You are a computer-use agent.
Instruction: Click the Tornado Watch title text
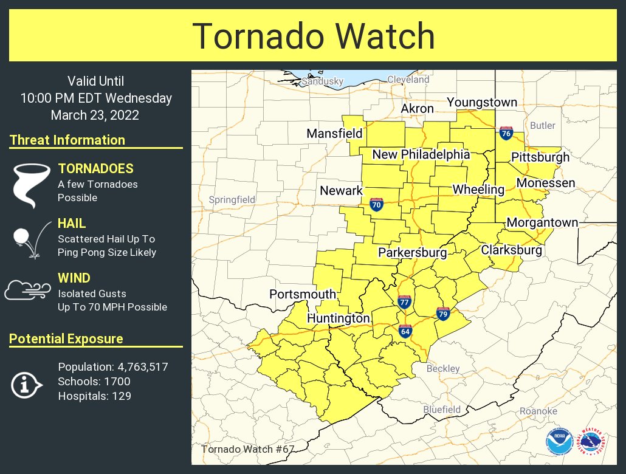313,36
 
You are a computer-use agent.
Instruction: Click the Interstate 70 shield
376,205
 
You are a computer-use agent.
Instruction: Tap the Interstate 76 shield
505,133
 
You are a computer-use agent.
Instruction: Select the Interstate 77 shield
404,301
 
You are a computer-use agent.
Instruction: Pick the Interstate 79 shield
443,314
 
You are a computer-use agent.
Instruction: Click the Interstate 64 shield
405,331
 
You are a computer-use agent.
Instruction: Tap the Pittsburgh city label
540,157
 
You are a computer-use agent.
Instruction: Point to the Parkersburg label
412,252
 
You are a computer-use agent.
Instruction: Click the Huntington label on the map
338,318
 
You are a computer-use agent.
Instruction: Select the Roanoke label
538,411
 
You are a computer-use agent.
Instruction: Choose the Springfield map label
232,199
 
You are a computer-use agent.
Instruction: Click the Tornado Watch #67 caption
247,449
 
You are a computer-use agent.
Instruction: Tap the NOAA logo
559,441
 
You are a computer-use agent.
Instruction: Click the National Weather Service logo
591,441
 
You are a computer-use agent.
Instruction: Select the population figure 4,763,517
139,367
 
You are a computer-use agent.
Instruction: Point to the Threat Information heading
67,140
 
